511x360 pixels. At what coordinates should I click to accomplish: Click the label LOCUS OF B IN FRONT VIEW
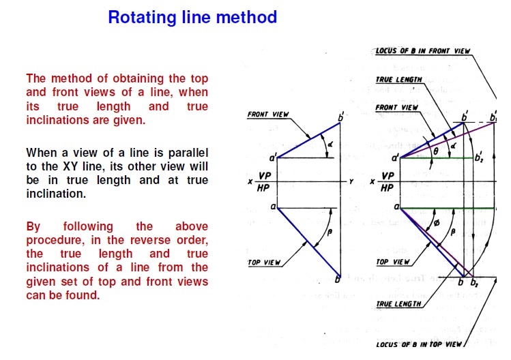(423, 51)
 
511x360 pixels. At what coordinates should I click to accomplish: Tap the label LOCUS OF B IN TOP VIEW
(420, 344)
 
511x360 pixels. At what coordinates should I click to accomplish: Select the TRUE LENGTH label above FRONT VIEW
(399, 80)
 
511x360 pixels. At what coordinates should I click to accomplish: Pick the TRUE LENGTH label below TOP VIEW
(399, 304)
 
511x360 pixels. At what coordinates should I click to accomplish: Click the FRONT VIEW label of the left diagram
(268, 115)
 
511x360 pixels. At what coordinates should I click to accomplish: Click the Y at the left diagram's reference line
(351, 182)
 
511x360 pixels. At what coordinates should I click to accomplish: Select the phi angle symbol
(437, 222)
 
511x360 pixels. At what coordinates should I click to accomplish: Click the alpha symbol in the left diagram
(330, 145)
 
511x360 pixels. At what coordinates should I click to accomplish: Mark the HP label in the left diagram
(263, 188)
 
